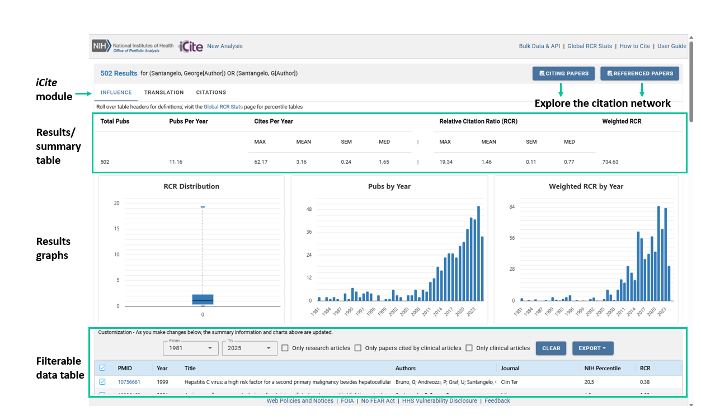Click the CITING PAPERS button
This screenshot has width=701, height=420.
click(x=563, y=73)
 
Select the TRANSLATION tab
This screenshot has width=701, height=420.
click(x=164, y=92)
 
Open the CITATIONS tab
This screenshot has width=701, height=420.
click(x=211, y=92)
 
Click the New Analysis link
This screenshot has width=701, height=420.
click(x=225, y=46)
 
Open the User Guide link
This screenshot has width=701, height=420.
click(x=671, y=46)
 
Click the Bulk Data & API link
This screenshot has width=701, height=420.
click(x=539, y=46)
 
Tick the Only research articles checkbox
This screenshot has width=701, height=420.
click(x=285, y=348)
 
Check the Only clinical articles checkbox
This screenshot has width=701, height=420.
click(x=469, y=348)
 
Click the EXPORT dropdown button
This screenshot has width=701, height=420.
click(x=592, y=348)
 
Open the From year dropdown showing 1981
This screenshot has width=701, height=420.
click(x=190, y=348)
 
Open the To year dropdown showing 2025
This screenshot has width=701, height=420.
click(x=250, y=348)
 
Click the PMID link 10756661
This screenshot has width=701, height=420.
click(x=129, y=382)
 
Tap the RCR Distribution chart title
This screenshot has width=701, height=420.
click(x=191, y=186)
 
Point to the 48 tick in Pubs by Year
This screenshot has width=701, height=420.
click(x=308, y=209)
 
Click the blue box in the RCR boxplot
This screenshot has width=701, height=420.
click(x=203, y=299)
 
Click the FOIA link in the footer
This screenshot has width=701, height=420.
click(x=347, y=400)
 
